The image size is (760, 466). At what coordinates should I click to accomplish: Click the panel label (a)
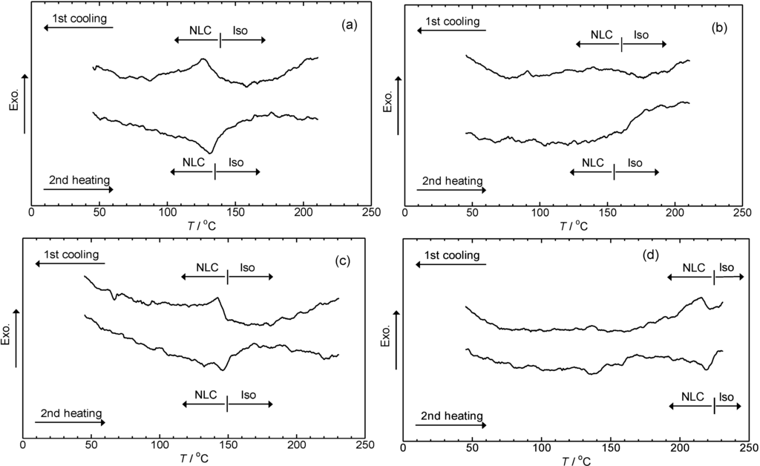coord(349,25)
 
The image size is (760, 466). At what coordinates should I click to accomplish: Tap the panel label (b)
coord(719,27)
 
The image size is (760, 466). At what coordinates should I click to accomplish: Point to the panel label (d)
coord(650,255)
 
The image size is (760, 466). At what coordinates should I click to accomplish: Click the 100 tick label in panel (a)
coord(167,212)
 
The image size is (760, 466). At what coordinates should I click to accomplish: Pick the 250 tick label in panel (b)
coord(742,213)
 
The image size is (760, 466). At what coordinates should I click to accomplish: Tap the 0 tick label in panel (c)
coord(23,444)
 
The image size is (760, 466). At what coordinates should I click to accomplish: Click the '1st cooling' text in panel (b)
coord(452,22)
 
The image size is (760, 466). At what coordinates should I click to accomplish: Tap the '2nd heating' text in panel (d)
coord(452,416)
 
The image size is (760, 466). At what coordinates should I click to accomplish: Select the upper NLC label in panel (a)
coord(200,30)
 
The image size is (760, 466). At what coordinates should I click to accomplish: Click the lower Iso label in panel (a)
coord(236,163)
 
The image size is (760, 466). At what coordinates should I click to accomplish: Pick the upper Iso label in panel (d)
coord(727,267)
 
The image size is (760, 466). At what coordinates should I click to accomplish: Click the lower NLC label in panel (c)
coord(206,395)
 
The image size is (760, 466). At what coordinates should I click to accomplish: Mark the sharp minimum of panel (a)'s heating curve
coord(210,153)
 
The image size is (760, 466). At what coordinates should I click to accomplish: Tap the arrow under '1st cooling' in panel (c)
coord(70,263)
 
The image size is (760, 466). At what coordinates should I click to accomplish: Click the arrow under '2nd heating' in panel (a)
coord(79,189)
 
